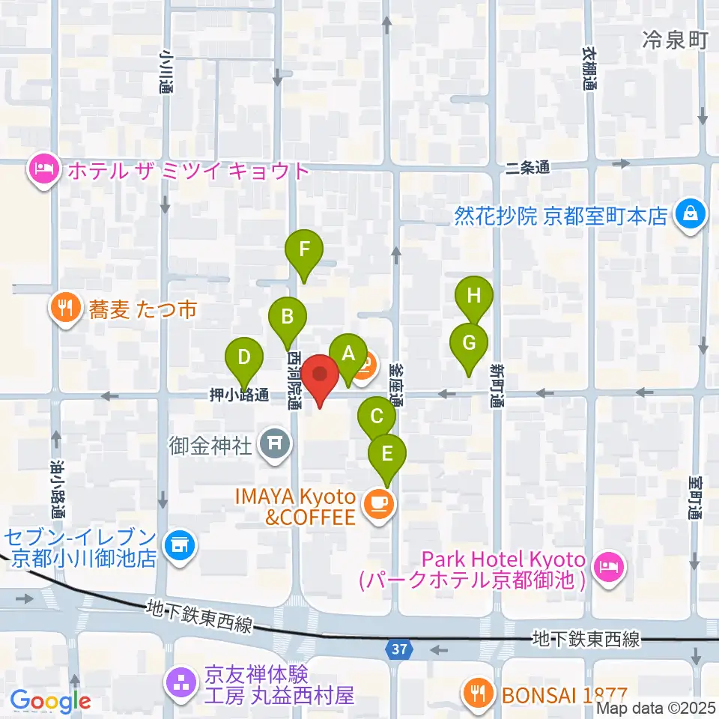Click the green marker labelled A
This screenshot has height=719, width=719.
click(348, 355)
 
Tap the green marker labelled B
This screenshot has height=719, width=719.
click(287, 318)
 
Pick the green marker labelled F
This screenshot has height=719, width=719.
click(304, 251)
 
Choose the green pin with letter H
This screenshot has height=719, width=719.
click(474, 297)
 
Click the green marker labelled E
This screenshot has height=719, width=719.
click(387, 455)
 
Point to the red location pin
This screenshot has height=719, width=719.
click(321, 376)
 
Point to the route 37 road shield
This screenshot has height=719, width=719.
click(401, 649)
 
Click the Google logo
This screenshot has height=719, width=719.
click(51, 701)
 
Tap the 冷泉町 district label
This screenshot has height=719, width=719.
click(674, 41)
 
